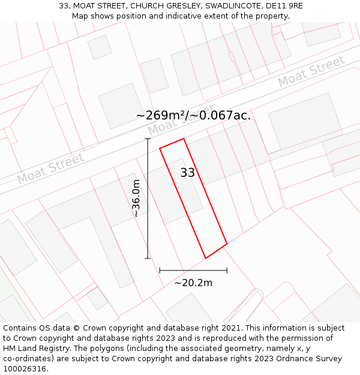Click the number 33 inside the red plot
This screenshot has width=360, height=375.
coord(187,173)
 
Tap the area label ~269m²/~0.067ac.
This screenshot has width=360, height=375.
coord(193,115)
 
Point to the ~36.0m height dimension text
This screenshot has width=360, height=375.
coord(136,198)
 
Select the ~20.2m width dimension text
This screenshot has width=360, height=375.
coord(193,283)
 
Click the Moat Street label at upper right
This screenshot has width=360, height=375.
coord(311,70)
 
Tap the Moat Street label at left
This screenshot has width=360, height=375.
coord(50,169)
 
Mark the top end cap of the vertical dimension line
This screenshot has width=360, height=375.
coord(148,139)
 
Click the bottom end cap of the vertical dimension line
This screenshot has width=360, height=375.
coord(148,259)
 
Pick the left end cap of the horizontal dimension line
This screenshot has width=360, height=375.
coord(160,271)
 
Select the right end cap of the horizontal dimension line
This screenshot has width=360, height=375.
coord(227,271)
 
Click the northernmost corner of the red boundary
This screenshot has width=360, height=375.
coord(183,139)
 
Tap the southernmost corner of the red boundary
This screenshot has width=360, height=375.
coord(206,259)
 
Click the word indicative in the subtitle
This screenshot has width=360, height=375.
coord(178,16)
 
